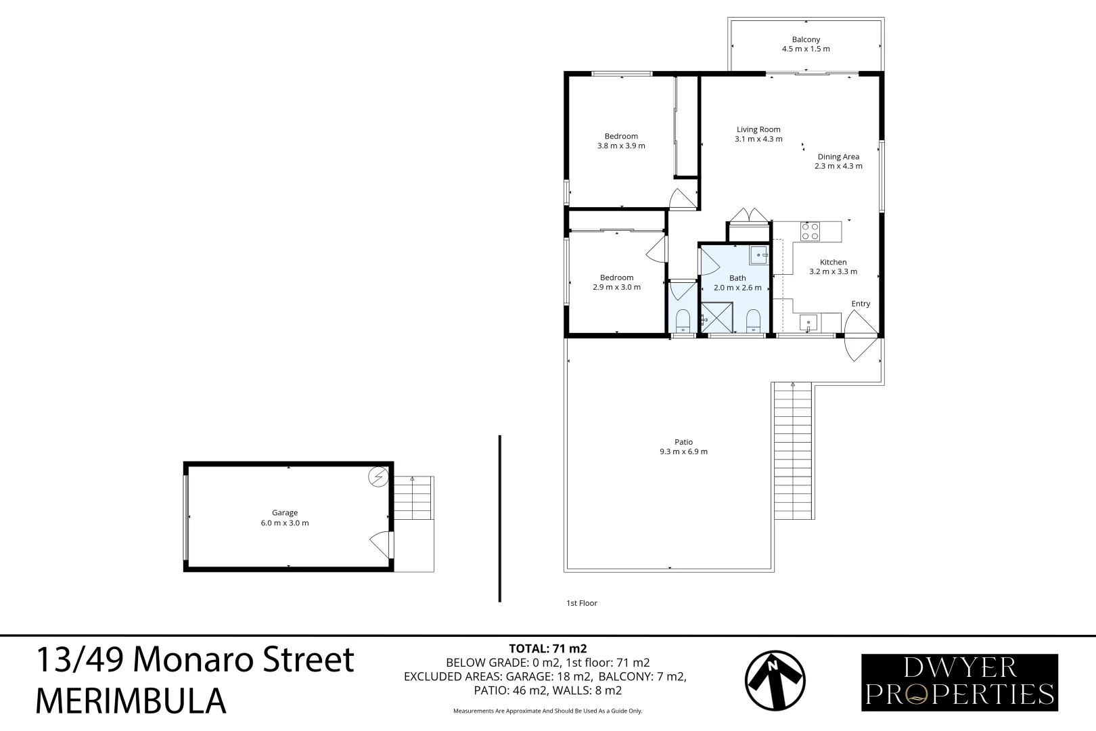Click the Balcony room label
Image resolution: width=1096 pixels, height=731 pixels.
[x=806, y=40]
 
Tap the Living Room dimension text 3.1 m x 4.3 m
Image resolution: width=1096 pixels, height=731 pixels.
[x=758, y=139]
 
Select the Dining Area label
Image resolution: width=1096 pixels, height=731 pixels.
[x=838, y=157]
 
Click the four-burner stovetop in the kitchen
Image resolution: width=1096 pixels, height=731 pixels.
[x=810, y=231]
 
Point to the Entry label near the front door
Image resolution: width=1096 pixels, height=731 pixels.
[x=861, y=304]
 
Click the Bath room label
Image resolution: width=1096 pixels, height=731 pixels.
[x=737, y=278]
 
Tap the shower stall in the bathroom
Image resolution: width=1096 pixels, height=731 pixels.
[x=716, y=318]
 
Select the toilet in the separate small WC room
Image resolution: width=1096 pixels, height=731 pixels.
[x=683, y=320]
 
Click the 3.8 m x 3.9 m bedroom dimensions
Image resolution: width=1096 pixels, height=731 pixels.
[x=621, y=146]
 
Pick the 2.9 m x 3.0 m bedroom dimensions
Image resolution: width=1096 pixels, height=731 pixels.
[x=616, y=288]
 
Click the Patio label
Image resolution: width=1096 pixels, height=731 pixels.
[x=683, y=443]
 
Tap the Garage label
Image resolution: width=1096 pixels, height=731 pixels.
[x=285, y=513]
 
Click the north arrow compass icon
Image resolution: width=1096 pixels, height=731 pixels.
[x=775, y=681]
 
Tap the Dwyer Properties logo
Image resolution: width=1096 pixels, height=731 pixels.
[x=959, y=682]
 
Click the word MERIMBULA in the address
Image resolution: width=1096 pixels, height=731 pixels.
[x=130, y=701]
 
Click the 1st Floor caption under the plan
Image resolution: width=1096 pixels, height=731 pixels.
[x=582, y=603]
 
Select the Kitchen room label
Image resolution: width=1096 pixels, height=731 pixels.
[x=833, y=263]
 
